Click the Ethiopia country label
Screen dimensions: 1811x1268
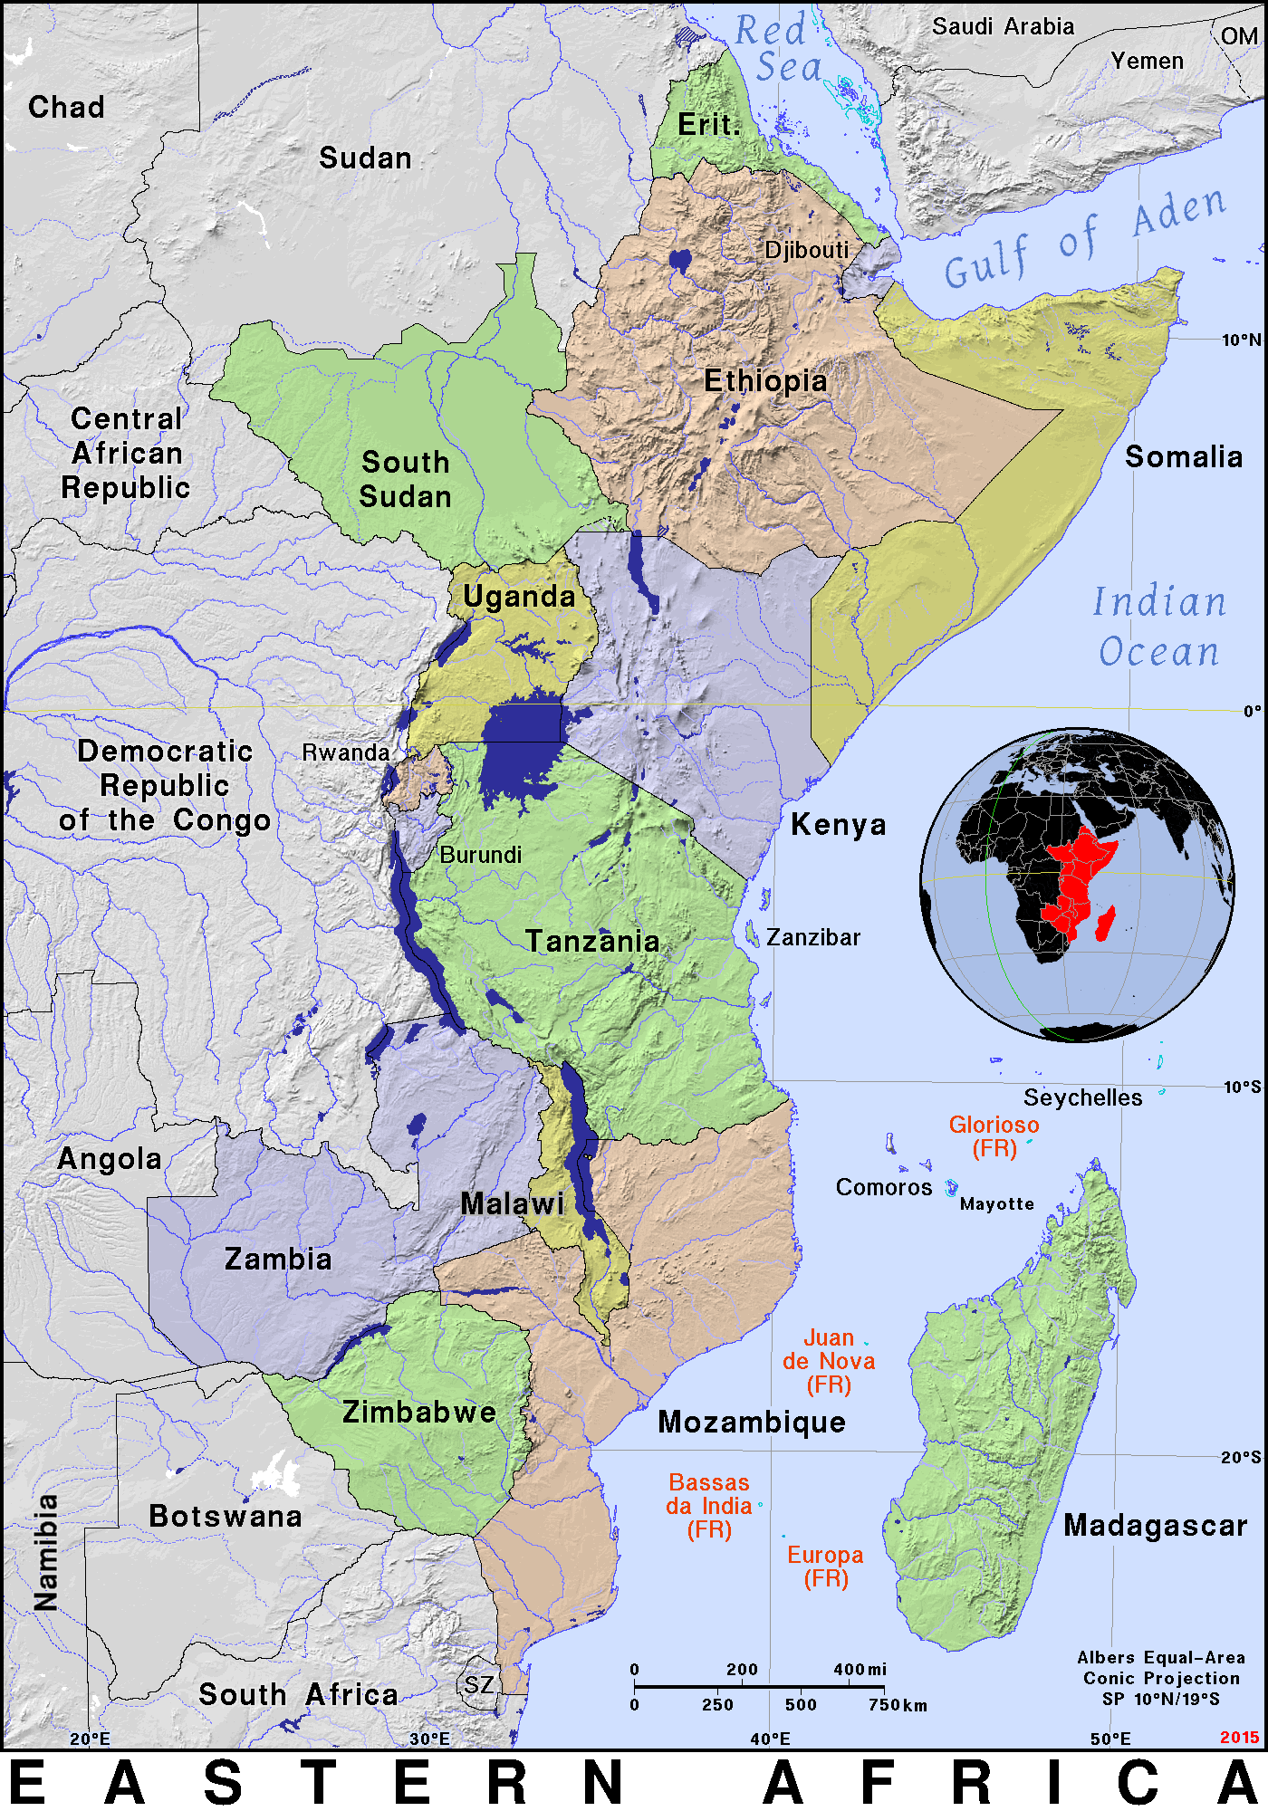point(765,381)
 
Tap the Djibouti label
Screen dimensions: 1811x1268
point(806,250)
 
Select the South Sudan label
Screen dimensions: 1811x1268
point(405,479)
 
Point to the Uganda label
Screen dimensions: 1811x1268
point(519,597)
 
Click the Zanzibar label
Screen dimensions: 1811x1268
point(813,937)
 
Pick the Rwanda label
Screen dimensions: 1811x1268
point(345,752)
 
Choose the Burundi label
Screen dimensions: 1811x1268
point(480,855)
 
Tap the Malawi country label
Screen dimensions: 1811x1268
point(513,1203)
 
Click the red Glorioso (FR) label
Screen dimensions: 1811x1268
point(994,1136)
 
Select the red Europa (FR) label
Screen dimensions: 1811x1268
point(825,1567)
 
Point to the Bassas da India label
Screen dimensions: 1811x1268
point(709,1506)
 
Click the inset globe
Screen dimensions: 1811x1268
point(1077,885)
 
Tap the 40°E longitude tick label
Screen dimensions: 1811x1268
point(770,1739)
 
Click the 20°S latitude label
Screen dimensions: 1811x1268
point(1240,1457)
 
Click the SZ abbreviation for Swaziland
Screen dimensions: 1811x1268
point(479,1685)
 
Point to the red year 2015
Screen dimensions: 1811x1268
point(1238,1737)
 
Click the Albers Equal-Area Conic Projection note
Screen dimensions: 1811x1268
point(1160,1678)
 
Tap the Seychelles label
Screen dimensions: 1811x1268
point(1082,1097)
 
